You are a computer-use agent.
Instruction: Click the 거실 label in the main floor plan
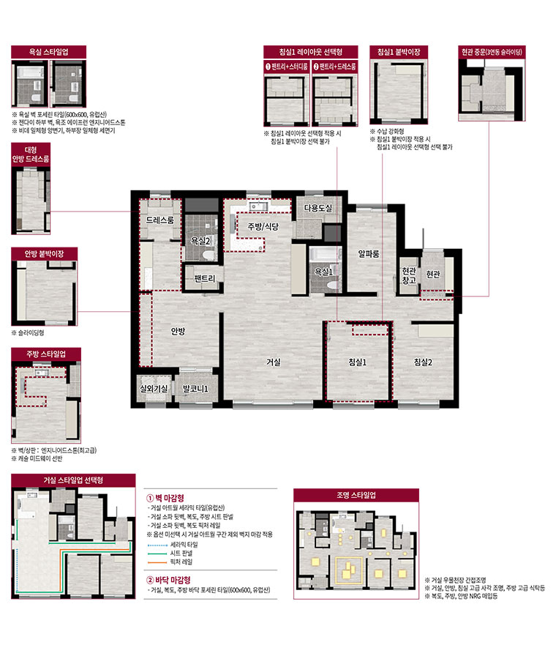pos(274,362)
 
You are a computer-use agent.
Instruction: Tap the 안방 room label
pos(178,331)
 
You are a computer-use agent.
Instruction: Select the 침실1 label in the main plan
pos(357,362)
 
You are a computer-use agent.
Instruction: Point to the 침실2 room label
pos(423,362)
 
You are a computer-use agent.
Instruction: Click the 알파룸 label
pos(369,254)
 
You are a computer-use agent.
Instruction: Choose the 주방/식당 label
pos(263,226)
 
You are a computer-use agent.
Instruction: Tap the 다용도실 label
pos(318,208)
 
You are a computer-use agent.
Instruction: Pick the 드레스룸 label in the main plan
pos(160,220)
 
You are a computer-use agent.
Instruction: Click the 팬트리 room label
pos(204,278)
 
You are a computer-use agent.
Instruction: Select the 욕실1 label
pos(323,272)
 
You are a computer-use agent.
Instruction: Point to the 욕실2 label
pos(200,241)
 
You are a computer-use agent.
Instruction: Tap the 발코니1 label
pos(195,388)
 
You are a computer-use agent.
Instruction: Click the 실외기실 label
pos(154,388)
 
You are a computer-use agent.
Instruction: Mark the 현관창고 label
pos(409,275)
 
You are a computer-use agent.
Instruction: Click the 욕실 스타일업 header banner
pos(48,52)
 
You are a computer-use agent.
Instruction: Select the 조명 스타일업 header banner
pos(356,495)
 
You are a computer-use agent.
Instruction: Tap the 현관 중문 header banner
pos(492,52)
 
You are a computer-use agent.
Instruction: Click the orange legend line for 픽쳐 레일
pos(157,562)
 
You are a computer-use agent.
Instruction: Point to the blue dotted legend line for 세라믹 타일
pos(157,545)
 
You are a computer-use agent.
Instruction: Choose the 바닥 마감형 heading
pos(168,580)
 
